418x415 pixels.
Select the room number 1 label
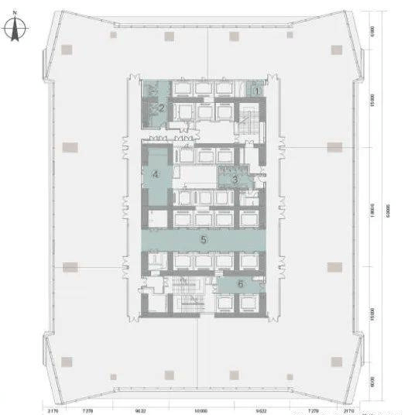[x=256, y=90]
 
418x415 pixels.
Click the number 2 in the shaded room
[x=161, y=109]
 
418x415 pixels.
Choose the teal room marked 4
[x=156, y=175]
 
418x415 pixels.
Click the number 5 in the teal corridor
[x=204, y=240]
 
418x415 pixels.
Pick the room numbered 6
[x=241, y=284]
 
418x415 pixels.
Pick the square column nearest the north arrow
[x=67, y=48]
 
